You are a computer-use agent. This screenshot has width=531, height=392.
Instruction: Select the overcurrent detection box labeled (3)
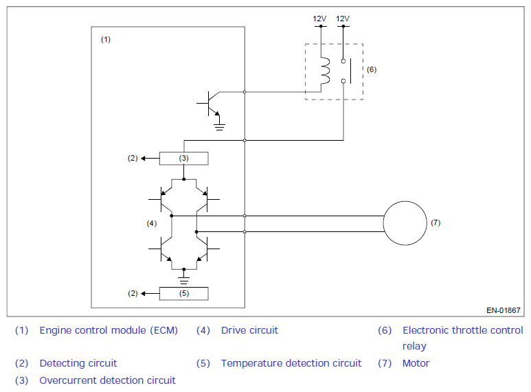coord(184,159)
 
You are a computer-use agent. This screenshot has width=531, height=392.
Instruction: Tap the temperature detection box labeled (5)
coord(184,294)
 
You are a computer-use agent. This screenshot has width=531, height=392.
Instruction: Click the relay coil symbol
coord(326,71)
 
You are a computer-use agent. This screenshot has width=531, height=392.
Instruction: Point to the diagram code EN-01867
coord(504,310)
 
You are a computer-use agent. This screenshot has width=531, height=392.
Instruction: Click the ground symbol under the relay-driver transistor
coord(219,127)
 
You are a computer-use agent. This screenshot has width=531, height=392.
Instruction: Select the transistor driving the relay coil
coord(209,103)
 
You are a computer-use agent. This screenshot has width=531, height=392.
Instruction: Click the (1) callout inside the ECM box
coord(106,40)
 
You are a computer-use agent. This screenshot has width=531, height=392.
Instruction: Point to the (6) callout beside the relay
coord(372,69)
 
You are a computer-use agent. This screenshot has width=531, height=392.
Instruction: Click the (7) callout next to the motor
coord(436,222)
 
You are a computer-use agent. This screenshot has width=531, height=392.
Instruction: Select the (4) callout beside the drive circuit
coord(152,223)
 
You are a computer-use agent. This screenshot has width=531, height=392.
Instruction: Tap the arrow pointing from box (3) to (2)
coord(150,159)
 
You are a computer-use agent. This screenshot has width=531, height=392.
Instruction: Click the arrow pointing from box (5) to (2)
coord(150,294)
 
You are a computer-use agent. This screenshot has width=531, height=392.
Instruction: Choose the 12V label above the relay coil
coord(319,19)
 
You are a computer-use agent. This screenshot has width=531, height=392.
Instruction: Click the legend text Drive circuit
coord(249,330)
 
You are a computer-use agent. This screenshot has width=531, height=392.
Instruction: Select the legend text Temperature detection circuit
coord(291,363)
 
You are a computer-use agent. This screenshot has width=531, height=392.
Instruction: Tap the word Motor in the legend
coord(416,363)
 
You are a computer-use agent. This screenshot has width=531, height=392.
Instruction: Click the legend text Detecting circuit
coord(78,363)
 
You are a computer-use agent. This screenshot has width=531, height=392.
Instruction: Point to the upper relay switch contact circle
coord(343,61)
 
